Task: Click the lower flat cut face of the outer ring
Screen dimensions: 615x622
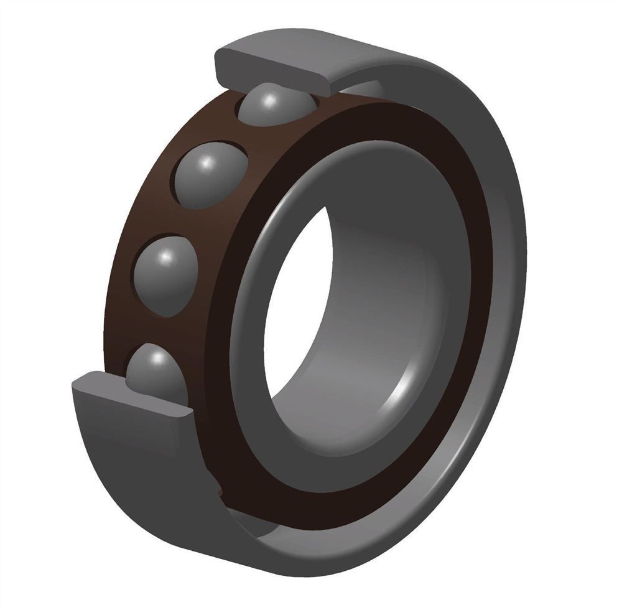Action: point(131,395)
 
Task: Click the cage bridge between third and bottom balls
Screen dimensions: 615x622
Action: point(149,327)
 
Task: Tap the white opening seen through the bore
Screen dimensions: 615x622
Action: point(295,311)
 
